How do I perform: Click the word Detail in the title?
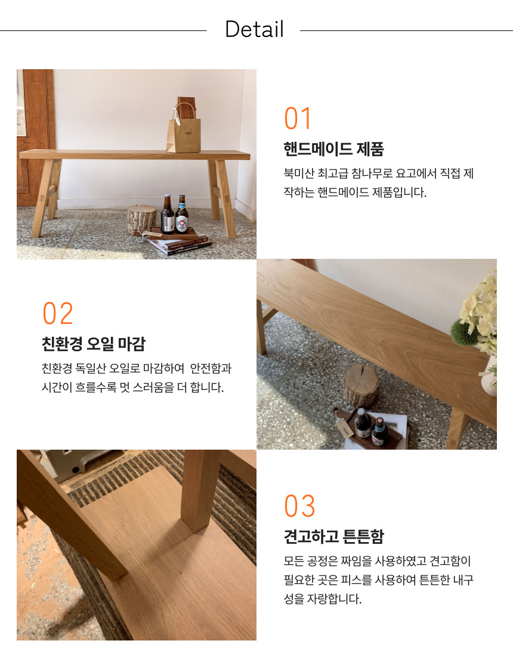[254, 29]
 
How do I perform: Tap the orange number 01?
[298, 119]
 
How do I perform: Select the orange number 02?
[58, 313]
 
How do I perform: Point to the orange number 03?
[299, 506]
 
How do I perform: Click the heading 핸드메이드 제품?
[333, 148]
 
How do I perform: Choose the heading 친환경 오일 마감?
[93, 344]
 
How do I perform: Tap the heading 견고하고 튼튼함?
[333, 536]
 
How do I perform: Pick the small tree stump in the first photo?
[141, 219]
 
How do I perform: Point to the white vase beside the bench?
[489, 376]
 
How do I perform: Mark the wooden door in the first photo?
[35, 138]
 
